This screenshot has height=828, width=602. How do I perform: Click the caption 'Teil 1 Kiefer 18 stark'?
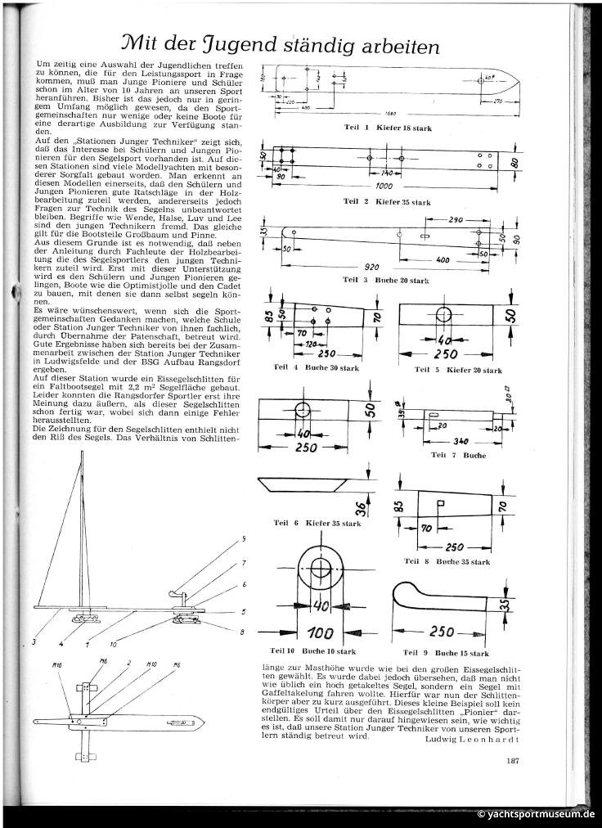click(387, 128)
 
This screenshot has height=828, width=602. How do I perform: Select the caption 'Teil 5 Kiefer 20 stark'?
click(458, 371)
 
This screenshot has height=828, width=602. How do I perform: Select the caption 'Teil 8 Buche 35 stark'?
click(447, 562)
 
